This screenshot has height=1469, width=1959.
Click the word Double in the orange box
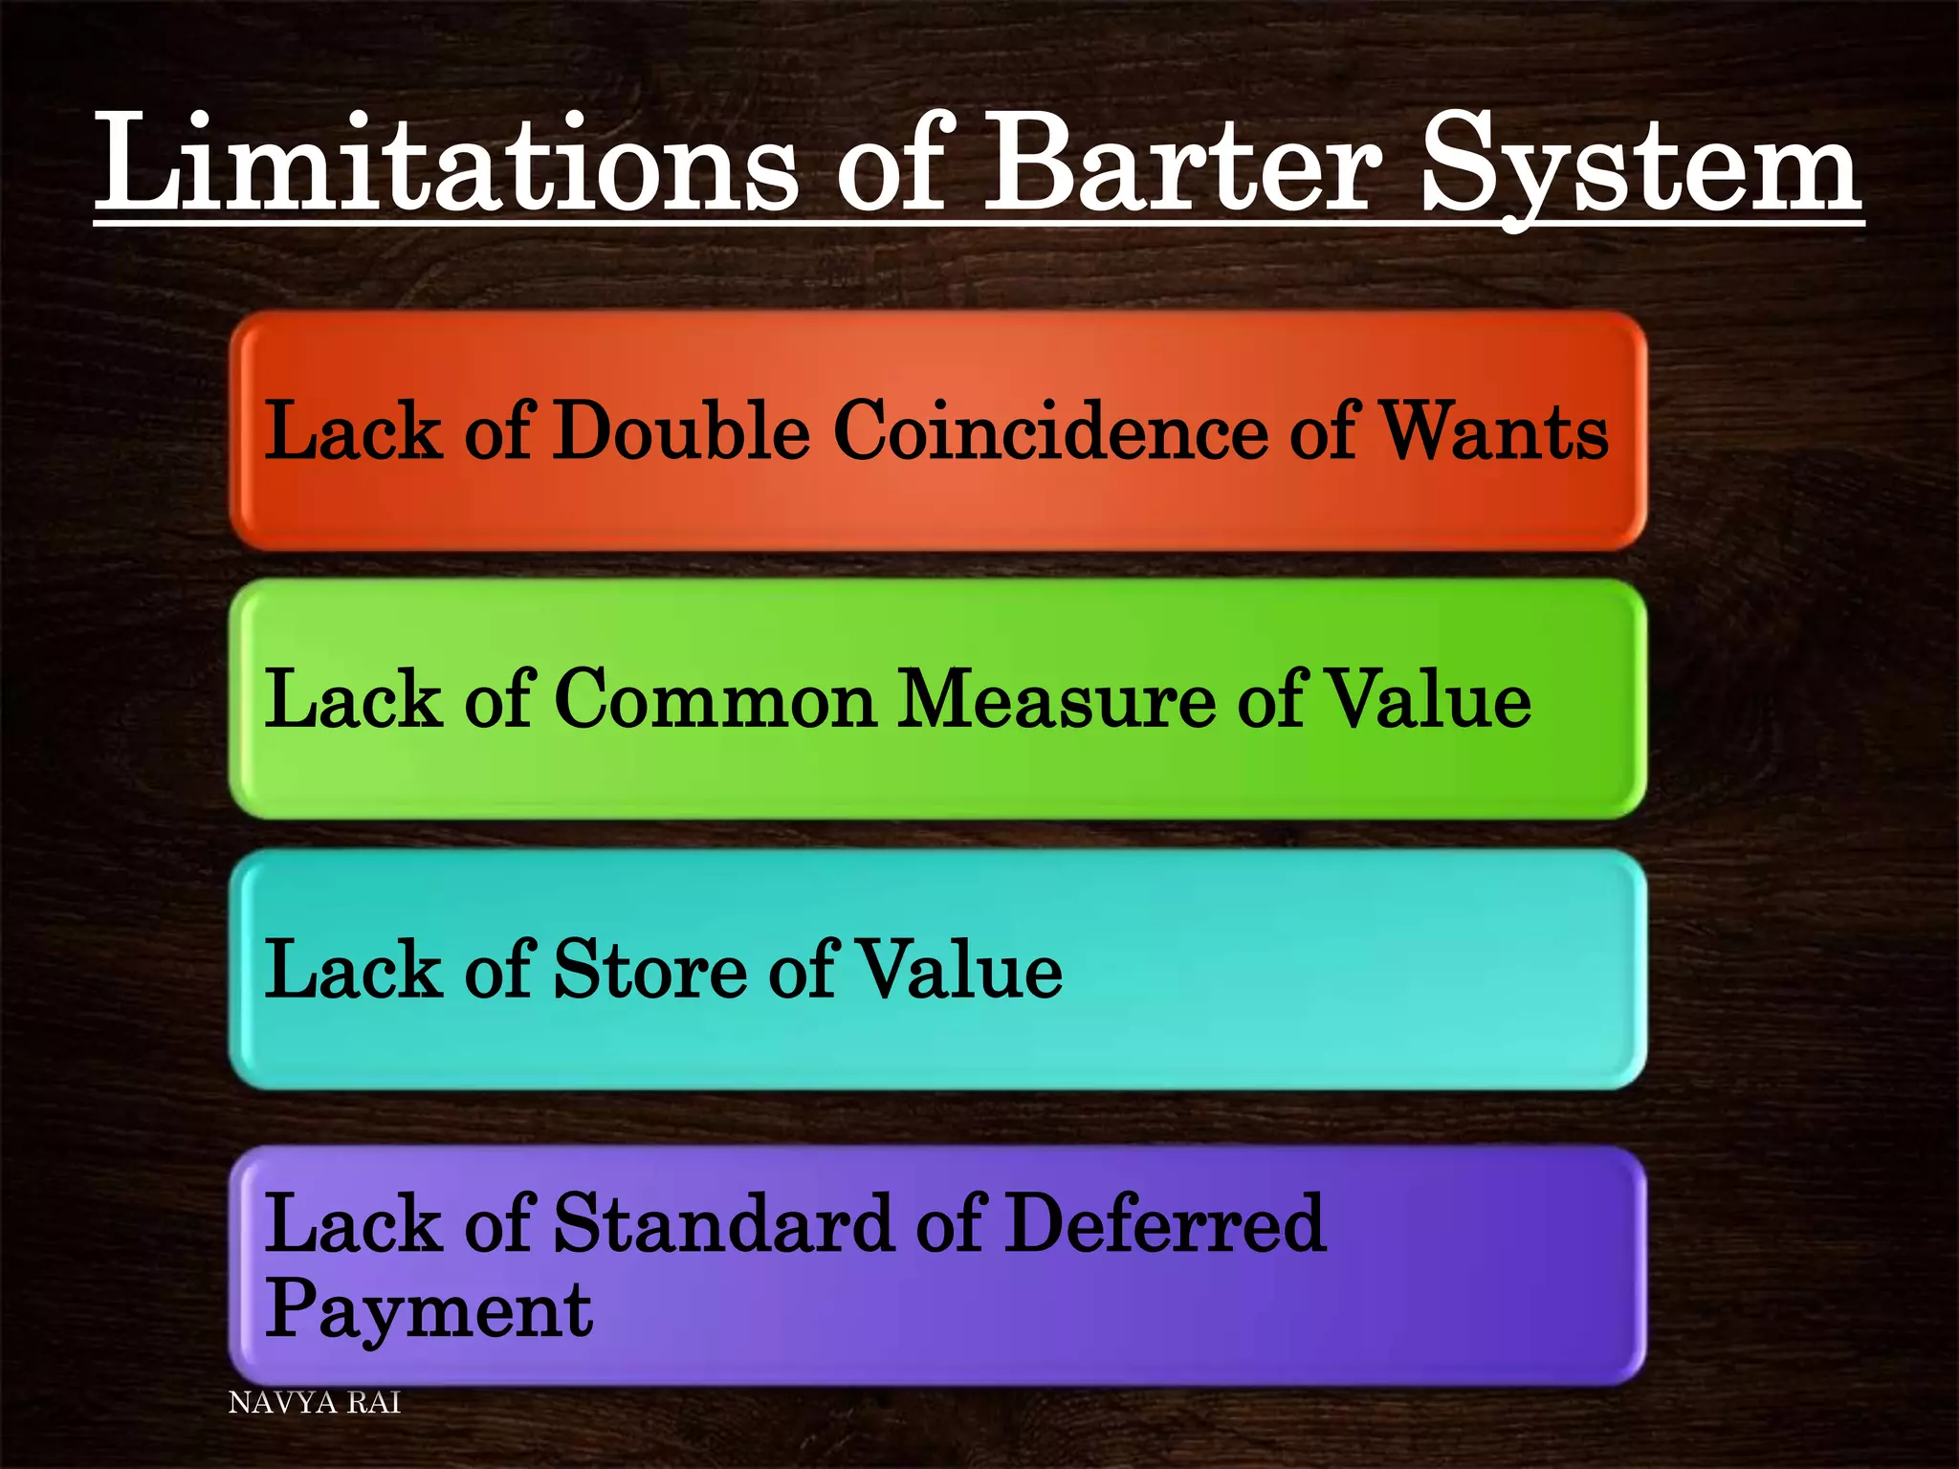click(682, 430)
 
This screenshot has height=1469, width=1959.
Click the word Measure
click(1056, 699)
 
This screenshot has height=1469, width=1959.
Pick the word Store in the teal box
click(649, 970)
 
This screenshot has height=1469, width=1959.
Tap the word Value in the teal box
click(957, 970)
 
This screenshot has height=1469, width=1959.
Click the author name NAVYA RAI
click(315, 1403)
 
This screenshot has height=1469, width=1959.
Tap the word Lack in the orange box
click(353, 430)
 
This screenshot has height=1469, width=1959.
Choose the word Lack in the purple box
click(353, 1223)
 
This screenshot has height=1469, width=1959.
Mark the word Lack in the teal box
click(353, 970)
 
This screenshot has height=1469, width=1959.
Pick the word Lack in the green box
click(353, 699)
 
